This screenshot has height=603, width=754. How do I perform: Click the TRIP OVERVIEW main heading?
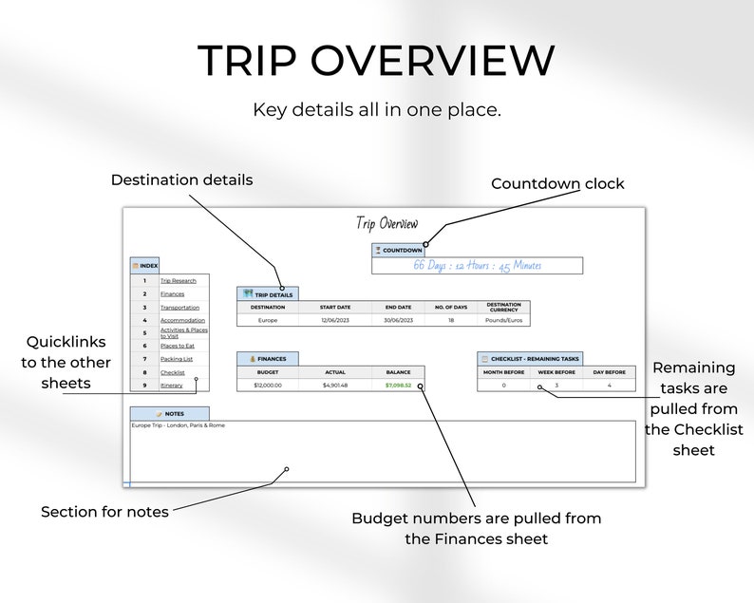[376, 62]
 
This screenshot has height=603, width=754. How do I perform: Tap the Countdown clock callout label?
[557, 184]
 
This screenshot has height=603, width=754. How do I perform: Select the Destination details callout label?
[182, 179]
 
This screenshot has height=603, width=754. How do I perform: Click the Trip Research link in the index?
[178, 281]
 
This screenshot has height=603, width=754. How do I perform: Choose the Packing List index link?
[177, 360]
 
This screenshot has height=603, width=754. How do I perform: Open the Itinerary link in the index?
[172, 386]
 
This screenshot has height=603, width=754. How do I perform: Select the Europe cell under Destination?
[268, 320]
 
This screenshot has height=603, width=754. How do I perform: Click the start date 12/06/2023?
[334, 320]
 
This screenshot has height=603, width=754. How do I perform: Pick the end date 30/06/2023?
[398, 320]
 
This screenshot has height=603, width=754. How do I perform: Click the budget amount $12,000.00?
[268, 386]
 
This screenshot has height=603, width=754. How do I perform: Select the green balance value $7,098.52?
[398, 386]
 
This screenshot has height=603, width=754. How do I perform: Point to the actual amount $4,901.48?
[334, 386]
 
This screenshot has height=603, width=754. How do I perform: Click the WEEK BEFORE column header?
[556, 371]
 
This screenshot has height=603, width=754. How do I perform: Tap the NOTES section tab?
[170, 414]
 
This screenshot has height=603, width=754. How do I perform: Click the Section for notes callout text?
[104, 512]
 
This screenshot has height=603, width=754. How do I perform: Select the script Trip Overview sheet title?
[386, 224]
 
